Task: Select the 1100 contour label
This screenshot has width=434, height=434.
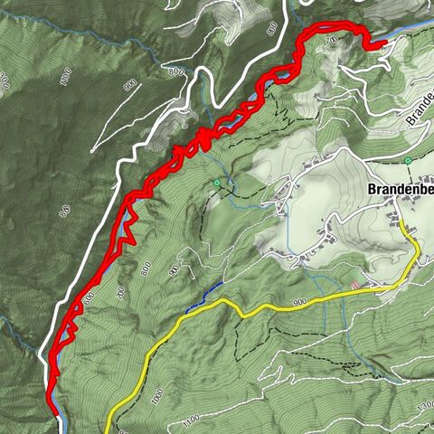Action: [x=191, y=420]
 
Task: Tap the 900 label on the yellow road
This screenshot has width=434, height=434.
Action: [x=300, y=302]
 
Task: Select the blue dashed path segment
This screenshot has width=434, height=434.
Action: [x=204, y=297]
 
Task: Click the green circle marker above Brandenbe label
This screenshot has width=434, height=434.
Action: [x=409, y=160]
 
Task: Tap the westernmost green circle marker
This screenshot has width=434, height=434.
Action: [x=216, y=184]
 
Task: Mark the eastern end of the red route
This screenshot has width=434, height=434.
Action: [x=383, y=42]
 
